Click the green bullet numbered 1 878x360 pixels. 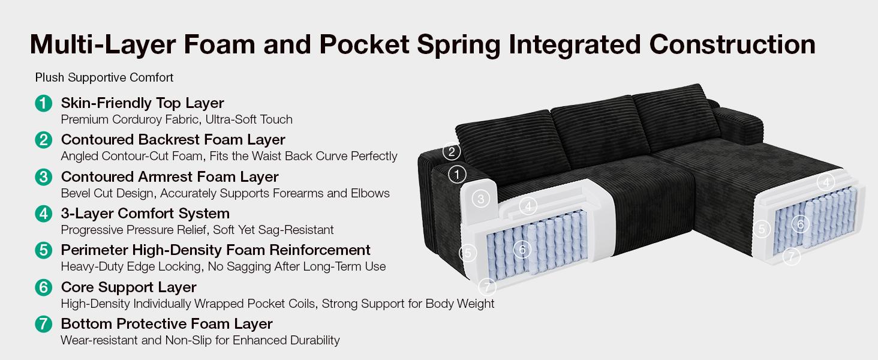[44, 104]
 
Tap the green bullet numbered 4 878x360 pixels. [44, 214]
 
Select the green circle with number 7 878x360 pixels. [44, 325]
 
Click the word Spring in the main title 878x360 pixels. [458, 45]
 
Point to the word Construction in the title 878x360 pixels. [732, 44]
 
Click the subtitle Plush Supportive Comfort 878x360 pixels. [104, 77]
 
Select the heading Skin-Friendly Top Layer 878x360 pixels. [142, 103]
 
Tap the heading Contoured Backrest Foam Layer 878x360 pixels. [173, 140]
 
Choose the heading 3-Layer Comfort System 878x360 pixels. [145, 214]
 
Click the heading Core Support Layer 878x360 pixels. [128, 287]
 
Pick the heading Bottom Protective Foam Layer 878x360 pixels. [167, 324]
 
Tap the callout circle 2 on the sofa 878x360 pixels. [452, 151]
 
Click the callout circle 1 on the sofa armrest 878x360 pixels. [457, 175]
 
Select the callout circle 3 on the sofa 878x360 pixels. [480, 199]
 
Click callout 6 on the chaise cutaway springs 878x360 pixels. [801, 224]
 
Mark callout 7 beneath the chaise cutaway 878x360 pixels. [792, 257]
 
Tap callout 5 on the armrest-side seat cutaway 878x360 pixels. [468, 253]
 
